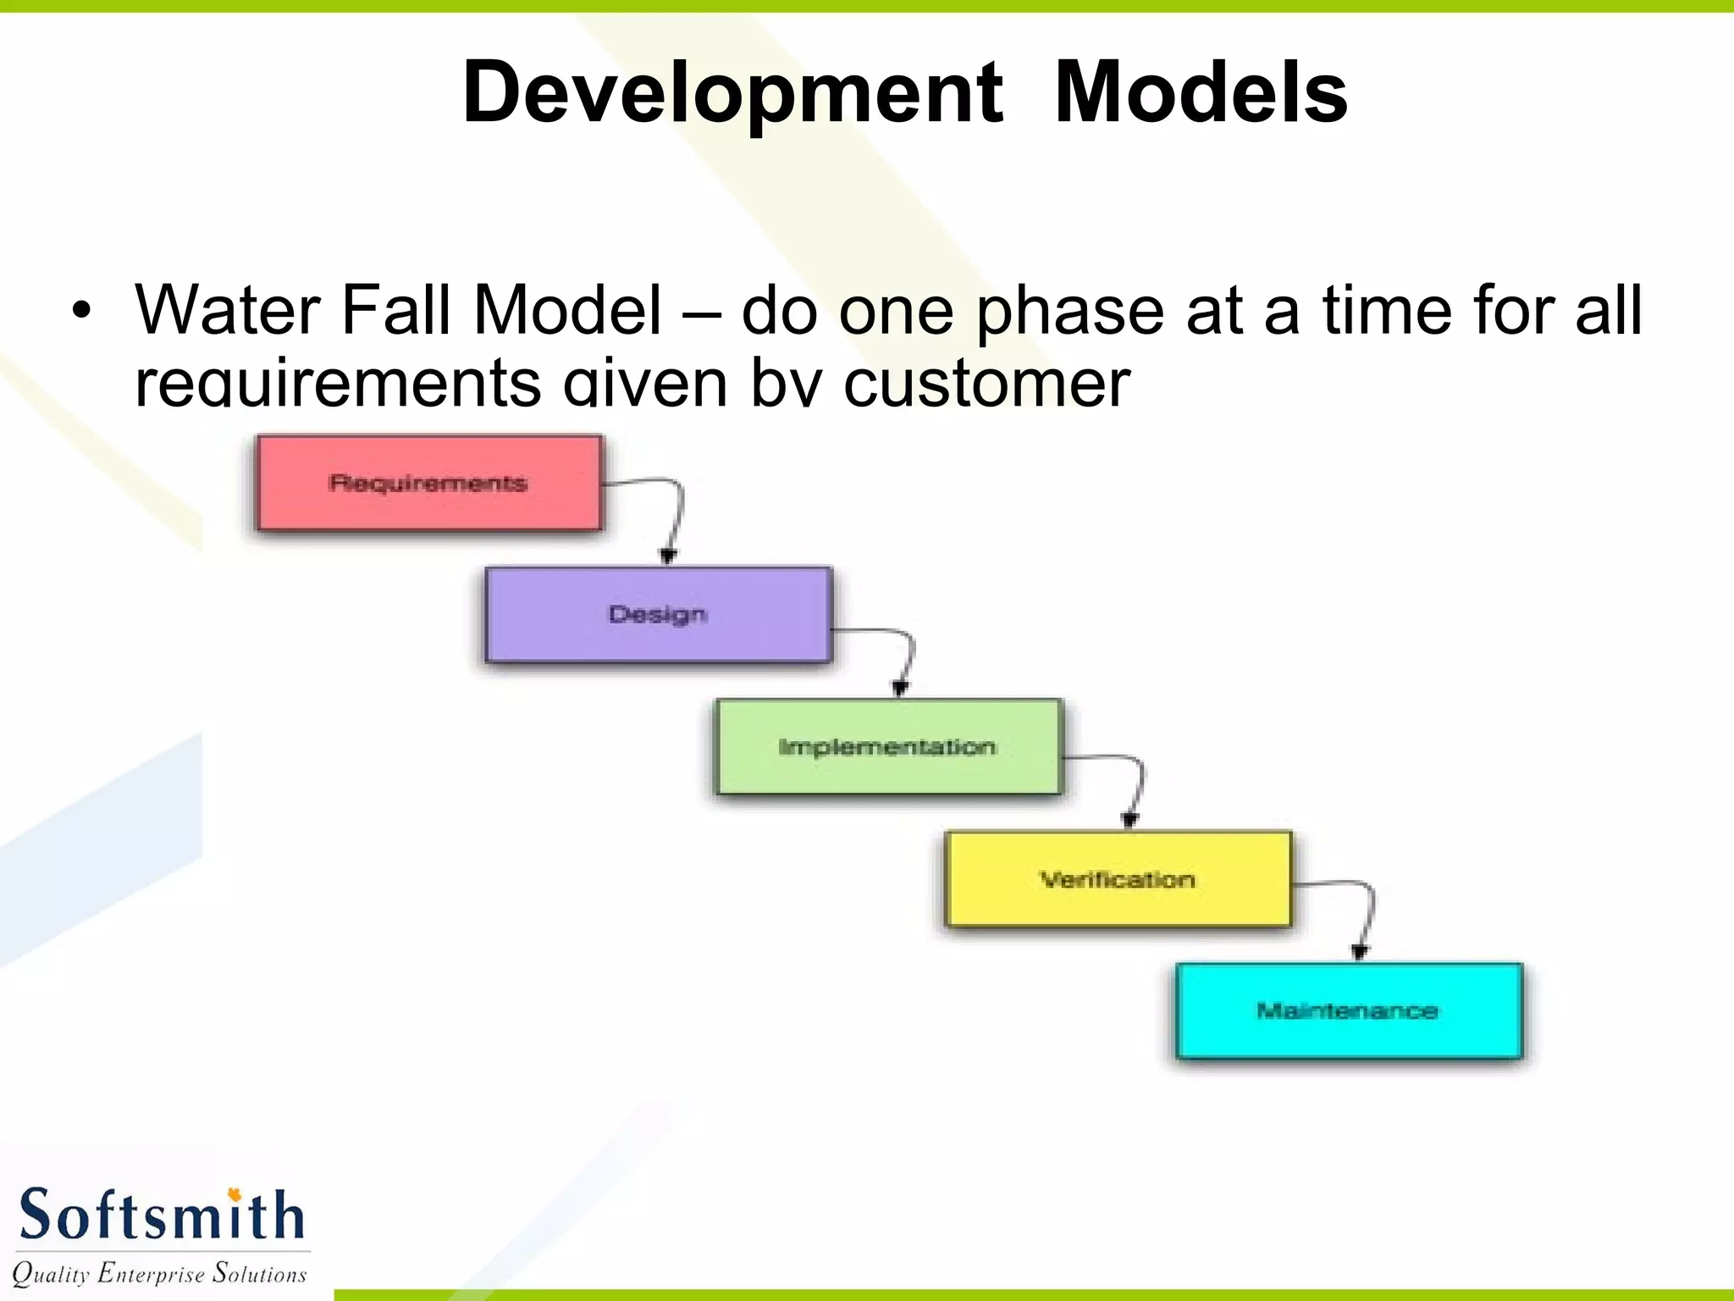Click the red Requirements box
click(429, 484)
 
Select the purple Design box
click(659, 615)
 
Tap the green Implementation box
click(888, 747)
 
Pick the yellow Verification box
click(1118, 879)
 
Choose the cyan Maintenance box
click(1349, 1010)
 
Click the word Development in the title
click(732, 92)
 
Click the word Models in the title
click(1201, 92)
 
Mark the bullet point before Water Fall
click(80, 311)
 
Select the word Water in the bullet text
click(227, 310)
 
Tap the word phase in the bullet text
click(1072, 312)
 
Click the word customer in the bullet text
click(986, 384)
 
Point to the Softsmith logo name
click(161, 1215)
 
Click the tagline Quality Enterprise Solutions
click(159, 1274)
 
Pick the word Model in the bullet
click(567, 310)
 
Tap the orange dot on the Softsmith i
click(235, 1194)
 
